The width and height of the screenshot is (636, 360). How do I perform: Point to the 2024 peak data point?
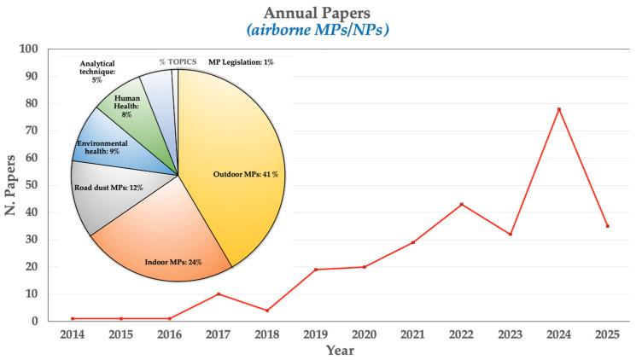[x=558, y=109]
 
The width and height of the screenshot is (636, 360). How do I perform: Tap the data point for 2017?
[x=219, y=294]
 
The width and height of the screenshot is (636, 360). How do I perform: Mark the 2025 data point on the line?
[x=607, y=226]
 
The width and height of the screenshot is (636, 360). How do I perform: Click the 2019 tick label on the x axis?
[x=316, y=334]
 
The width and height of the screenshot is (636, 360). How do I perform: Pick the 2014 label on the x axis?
[x=73, y=334]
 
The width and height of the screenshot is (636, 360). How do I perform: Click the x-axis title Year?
[x=340, y=351]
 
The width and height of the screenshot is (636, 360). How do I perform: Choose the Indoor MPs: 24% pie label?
[x=172, y=262]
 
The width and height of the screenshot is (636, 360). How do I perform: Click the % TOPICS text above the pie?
[x=178, y=62]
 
